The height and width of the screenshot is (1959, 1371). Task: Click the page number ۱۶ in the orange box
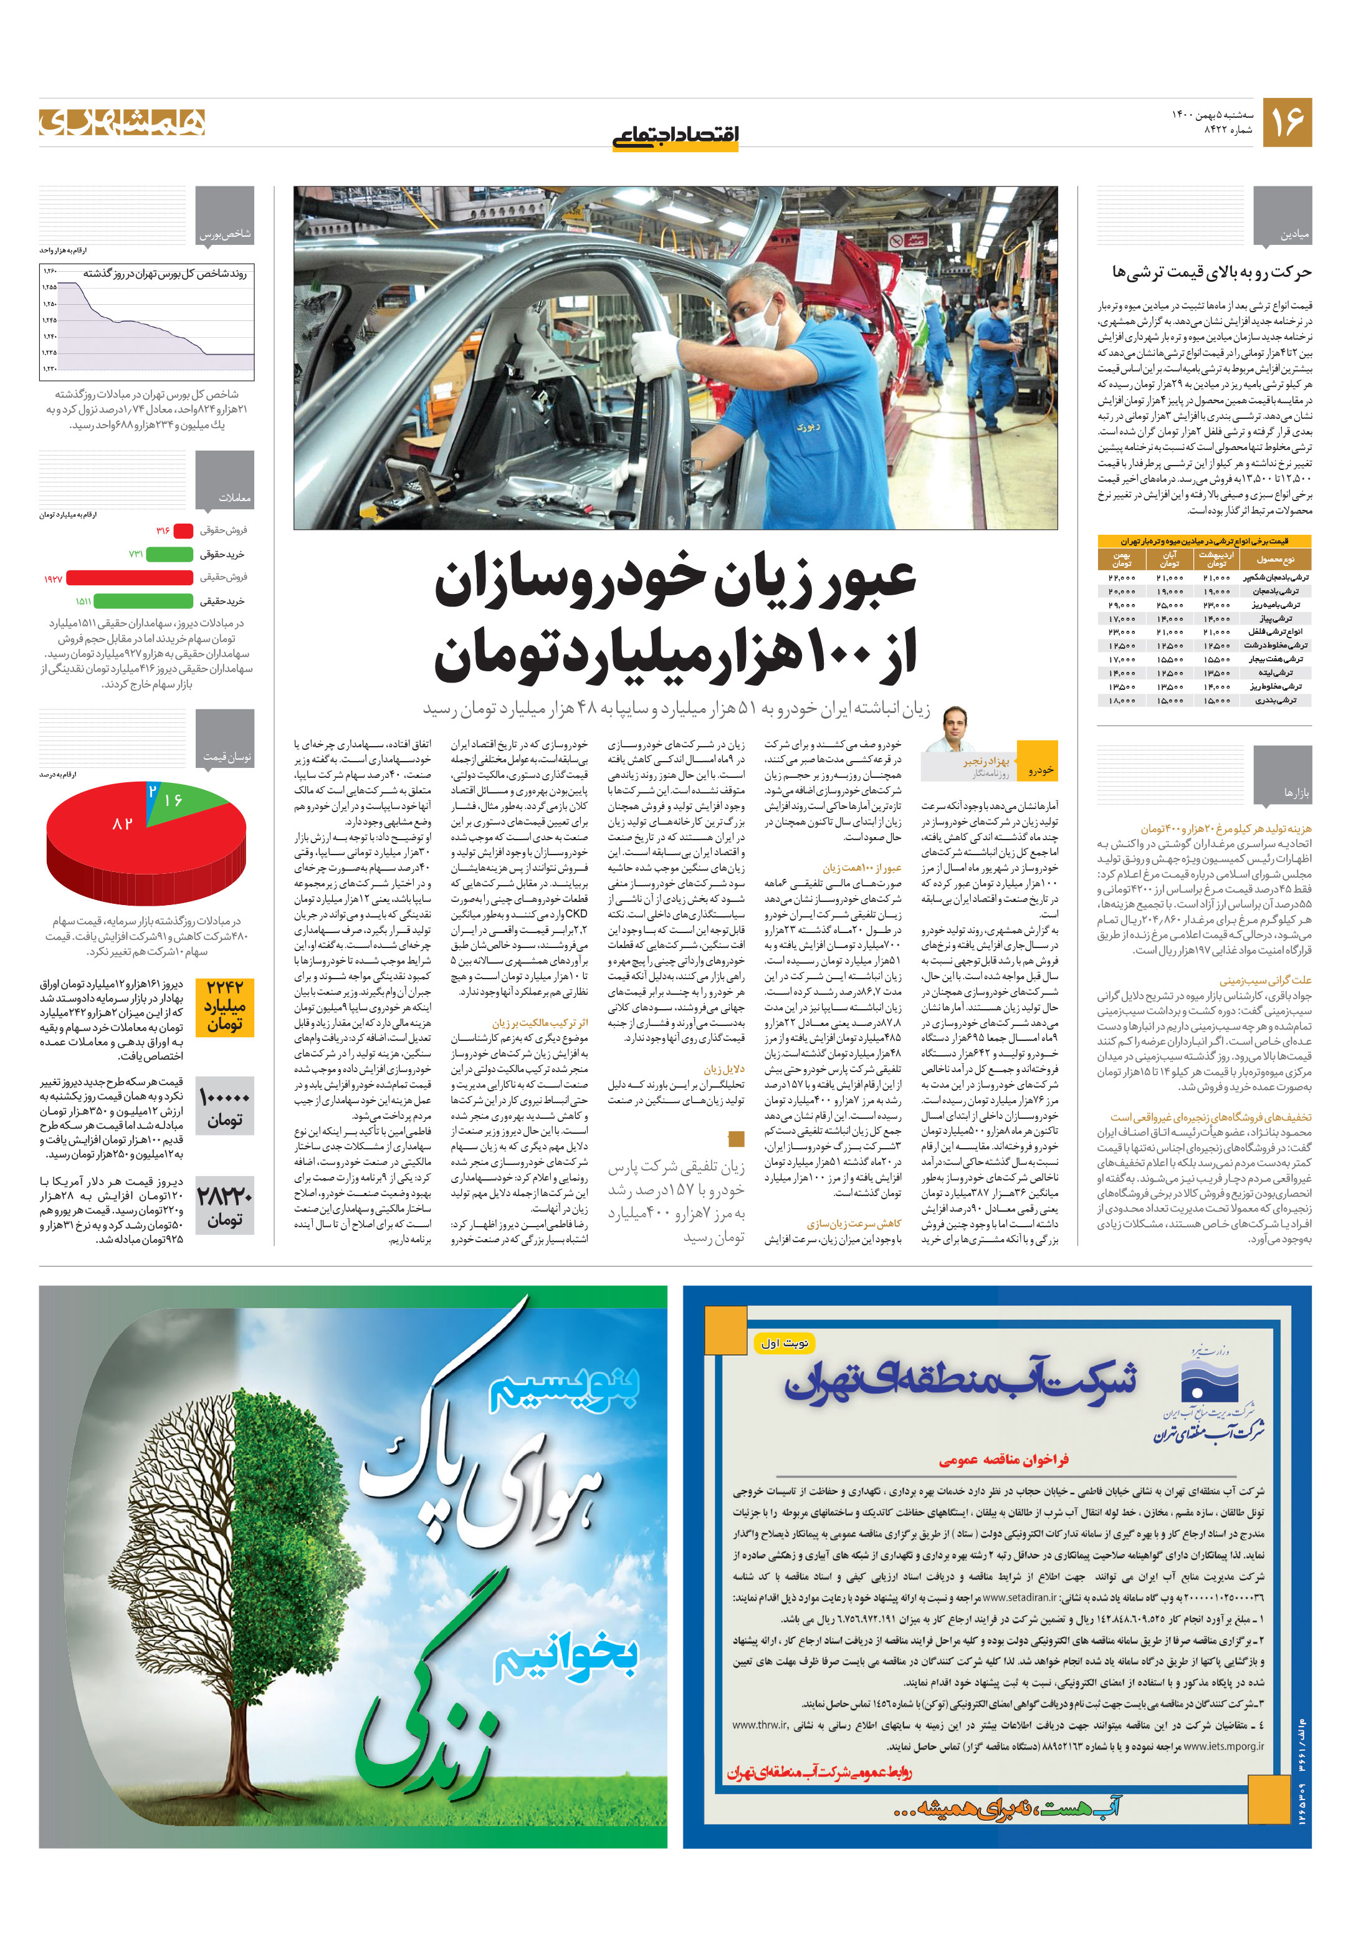[x=1286, y=122]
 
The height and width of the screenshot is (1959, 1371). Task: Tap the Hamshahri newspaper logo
[x=122, y=122]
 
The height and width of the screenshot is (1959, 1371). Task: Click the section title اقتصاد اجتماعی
[x=675, y=135]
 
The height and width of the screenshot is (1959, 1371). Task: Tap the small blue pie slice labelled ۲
[x=153, y=791]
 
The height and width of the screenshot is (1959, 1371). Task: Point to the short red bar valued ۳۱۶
[x=183, y=530]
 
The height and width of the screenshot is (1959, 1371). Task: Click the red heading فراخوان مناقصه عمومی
[x=1003, y=1459]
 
